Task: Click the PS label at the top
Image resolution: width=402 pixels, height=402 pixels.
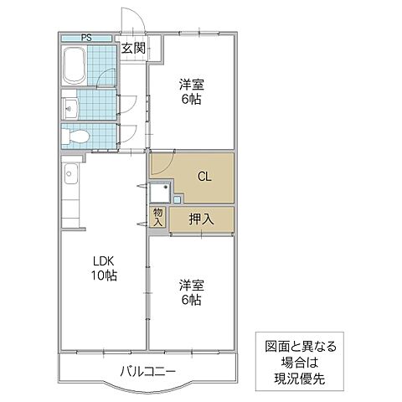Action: click(x=86, y=38)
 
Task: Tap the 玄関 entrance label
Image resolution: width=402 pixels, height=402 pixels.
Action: click(x=133, y=49)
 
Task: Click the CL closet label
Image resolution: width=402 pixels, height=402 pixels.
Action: click(x=204, y=177)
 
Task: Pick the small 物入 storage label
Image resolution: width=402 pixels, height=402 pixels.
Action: click(x=158, y=217)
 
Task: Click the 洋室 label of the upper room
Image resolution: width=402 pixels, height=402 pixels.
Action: click(x=191, y=85)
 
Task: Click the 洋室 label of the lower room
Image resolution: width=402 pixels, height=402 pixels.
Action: click(x=191, y=285)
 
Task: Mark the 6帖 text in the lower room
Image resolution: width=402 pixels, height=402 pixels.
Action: click(x=191, y=300)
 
